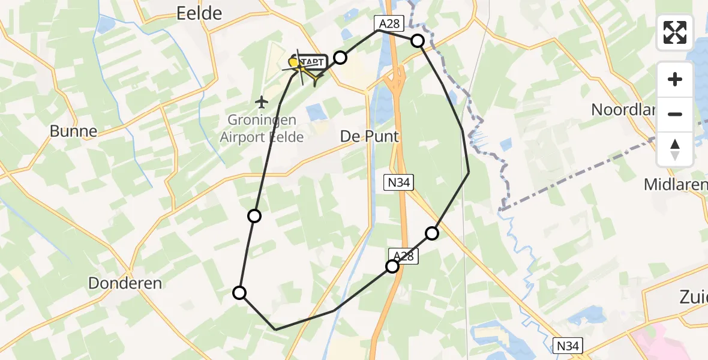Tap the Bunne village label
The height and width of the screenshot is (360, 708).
click(x=73, y=131)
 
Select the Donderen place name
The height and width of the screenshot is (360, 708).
click(x=125, y=283)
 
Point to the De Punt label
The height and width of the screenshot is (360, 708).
click(x=369, y=136)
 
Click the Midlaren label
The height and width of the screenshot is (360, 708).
click(x=675, y=185)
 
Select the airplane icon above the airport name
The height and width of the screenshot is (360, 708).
click(x=261, y=102)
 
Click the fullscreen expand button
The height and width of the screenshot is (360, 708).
click(x=675, y=32)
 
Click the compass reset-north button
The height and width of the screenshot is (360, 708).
click(x=675, y=149)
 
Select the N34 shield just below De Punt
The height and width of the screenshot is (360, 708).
click(x=398, y=182)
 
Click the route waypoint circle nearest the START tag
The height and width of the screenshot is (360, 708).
click(x=340, y=58)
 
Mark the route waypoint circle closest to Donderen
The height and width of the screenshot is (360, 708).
click(x=239, y=293)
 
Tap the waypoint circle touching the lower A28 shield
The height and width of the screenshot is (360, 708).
click(x=392, y=266)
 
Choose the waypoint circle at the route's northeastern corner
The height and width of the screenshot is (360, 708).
click(x=418, y=41)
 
